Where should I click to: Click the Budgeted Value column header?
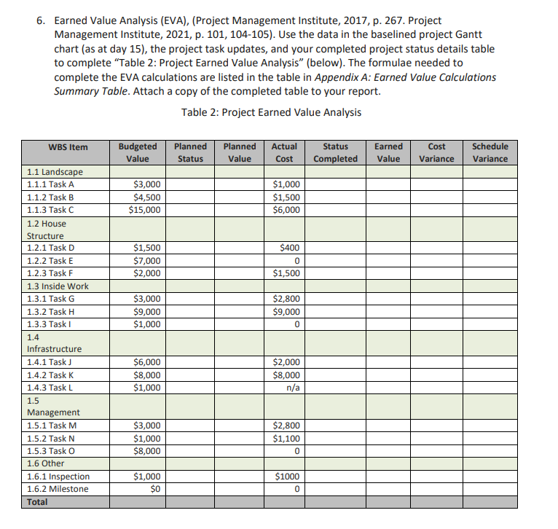point(137,152)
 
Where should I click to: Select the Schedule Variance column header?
point(490,152)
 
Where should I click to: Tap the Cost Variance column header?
point(436,152)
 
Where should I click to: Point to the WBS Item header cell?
point(68,147)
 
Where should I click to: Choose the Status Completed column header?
point(335,152)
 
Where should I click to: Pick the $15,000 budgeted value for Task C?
point(144,210)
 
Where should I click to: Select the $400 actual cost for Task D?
point(290,248)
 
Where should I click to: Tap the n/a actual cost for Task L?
point(294,388)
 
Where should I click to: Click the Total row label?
point(37,502)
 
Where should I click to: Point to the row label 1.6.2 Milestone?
point(58,489)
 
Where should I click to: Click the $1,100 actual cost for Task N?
point(287,439)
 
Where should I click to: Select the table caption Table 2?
point(271,112)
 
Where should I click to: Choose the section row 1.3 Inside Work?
point(58,286)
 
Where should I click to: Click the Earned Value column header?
point(388,152)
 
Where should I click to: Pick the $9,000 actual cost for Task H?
point(287,312)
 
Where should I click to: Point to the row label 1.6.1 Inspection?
point(58,477)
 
